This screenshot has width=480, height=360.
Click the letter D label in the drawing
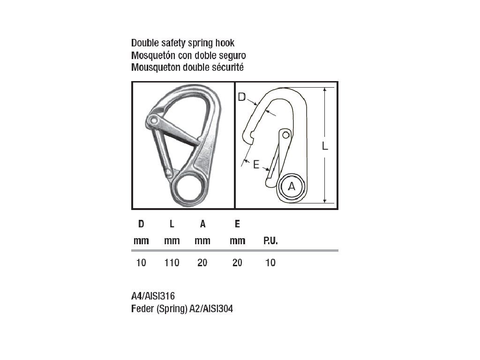tap(242, 97)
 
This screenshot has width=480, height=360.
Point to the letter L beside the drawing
tap(325, 146)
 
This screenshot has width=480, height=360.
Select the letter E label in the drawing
tap(256, 164)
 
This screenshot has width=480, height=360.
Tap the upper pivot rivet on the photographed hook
tap(154, 121)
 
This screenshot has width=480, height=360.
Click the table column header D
tap(141, 224)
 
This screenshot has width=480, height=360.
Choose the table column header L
tap(172, 224)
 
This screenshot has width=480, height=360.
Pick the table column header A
tap(202, 224)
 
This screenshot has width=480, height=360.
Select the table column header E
tap(237, 224)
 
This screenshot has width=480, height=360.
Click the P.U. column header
tap(270, 241)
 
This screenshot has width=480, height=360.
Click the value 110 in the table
tap(172, 263)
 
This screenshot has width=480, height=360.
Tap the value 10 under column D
tap(141, 263)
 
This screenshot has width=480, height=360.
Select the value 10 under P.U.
tap(270, 263)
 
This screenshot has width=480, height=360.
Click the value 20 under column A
tap(202, 263)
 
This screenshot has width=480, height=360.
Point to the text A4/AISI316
tap(153, 296)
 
